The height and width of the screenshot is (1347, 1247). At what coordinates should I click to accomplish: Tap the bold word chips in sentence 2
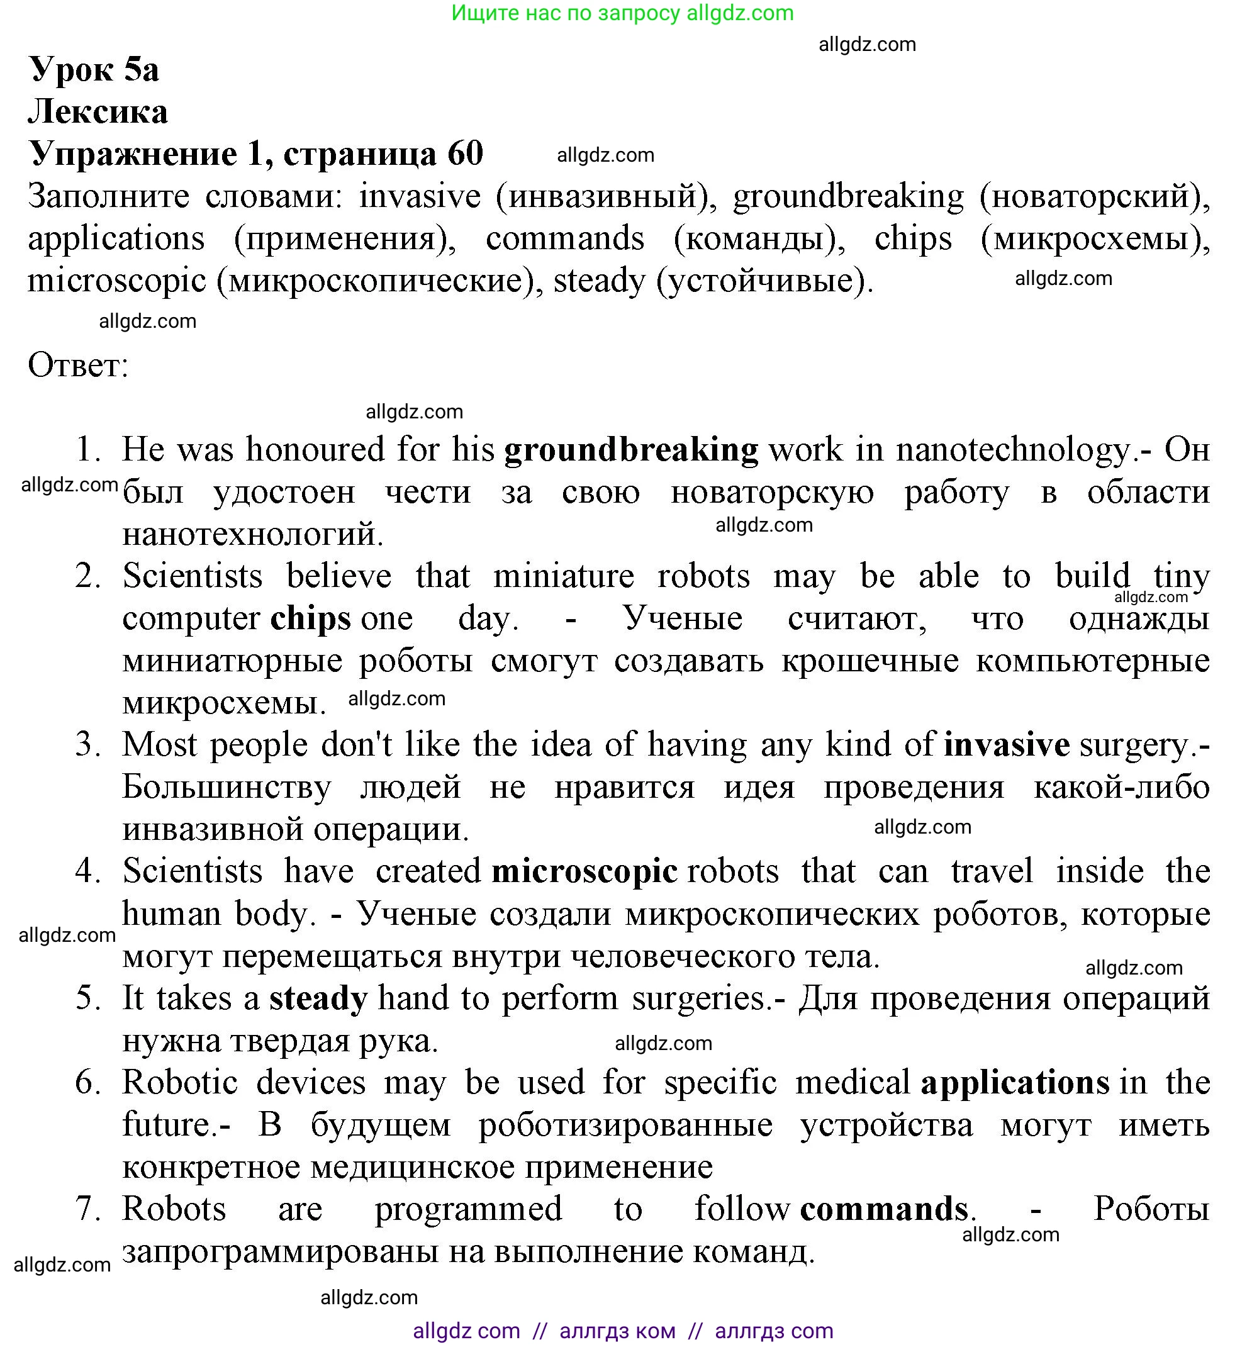point(310,619)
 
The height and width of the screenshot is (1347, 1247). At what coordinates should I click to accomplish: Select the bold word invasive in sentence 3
point(1006,745)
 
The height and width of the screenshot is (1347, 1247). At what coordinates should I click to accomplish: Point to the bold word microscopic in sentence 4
point(584,871)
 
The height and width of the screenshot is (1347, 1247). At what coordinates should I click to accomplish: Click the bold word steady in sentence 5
point(318,998)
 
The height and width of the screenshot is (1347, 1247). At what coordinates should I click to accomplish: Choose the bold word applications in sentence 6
point(1015,1083)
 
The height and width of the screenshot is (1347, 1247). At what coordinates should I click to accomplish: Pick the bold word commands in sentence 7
point(884,1209)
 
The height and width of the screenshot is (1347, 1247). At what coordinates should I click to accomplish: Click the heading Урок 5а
point(94,69)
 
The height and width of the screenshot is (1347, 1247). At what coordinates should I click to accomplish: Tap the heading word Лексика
point(98,112)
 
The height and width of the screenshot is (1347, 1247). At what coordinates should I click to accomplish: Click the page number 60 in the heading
point(465,154)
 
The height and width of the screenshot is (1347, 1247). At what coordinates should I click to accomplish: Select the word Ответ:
point(78,366)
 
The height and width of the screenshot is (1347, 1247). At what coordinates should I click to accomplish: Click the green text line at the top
point(622,13)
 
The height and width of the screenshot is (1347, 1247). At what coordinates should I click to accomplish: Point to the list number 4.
point(88,871)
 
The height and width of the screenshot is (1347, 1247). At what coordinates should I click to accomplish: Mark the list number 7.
point(88,1209)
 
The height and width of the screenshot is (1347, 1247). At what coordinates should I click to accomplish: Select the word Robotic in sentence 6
point(180,1083)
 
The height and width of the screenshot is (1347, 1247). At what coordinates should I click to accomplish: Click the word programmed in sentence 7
point(468,1209)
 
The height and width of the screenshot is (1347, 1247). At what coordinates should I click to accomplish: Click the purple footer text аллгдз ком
point(617,1330)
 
